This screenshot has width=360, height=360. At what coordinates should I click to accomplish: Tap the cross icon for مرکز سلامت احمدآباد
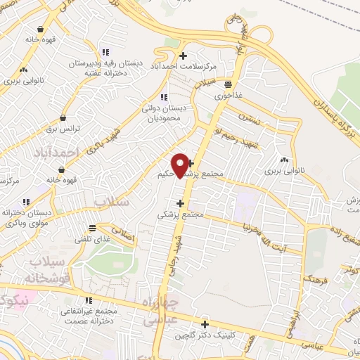click(x=184, y=56)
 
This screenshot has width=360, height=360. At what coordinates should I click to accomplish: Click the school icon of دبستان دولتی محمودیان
click(x=164, y=97)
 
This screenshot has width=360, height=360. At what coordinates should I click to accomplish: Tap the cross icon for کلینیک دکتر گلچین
click(x=205, y=324)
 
